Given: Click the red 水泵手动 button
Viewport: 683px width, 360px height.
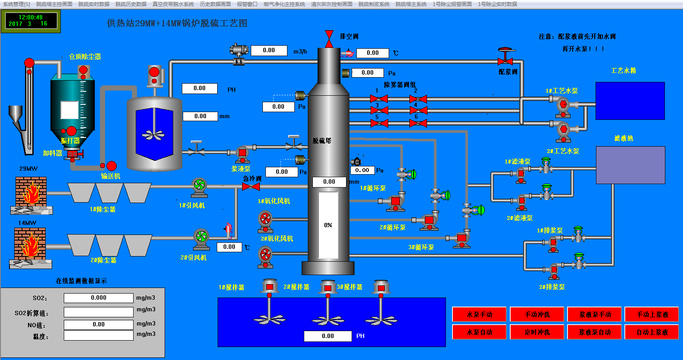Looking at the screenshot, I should (x=479, y=314).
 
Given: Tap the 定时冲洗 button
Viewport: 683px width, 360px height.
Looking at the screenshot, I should (x=537, y=332).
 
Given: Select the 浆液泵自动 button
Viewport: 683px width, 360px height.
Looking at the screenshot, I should (x=595, y=332).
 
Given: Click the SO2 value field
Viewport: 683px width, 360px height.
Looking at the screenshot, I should (x=99, y=298).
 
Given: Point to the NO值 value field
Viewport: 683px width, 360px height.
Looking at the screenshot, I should (x=99, y=325).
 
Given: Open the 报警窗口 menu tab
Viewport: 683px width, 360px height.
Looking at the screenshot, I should (x=247, y=4).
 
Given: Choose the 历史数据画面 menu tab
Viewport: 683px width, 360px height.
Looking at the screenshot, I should (x=215, y=4).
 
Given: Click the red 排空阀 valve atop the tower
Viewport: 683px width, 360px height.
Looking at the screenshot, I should (x=329, y=38).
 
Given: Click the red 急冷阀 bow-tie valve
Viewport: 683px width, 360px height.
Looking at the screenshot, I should (x=251, y=187).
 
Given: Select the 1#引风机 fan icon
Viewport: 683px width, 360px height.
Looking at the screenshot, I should (x=199, y=186).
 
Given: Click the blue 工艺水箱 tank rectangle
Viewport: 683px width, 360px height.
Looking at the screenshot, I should (x=630, y=101).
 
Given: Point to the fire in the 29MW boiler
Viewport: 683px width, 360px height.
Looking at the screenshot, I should (x=31, y=193).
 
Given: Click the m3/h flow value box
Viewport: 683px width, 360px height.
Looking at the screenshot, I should (x=269, y=50).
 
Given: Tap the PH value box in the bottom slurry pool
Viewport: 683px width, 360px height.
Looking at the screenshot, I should (x=327, y=336).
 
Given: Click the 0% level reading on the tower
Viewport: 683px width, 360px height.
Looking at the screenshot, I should (x=328, y=225).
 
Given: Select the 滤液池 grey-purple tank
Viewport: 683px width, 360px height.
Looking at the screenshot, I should (x=630, y=165).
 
